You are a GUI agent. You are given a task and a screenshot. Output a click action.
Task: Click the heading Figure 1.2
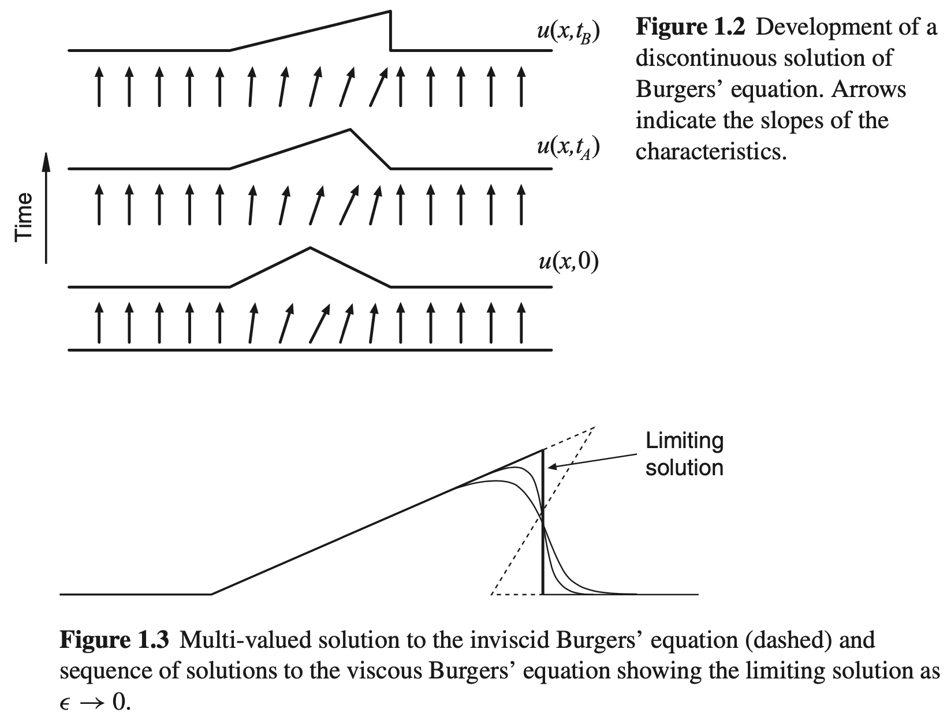click(x=691, y=27)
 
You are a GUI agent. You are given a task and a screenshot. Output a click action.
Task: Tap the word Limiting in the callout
click(x=684, y=441)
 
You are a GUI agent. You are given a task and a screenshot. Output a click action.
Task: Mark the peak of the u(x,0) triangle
click(x=311, y=248)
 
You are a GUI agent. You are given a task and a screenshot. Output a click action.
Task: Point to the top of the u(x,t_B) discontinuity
click(x=390, y=12)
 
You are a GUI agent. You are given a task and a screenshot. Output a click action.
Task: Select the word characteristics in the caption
click(x=711, y=152)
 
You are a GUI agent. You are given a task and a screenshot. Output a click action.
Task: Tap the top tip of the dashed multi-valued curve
click(x=594, y=427)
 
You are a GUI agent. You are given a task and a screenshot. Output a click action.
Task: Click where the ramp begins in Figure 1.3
click(x=211, y=594)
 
